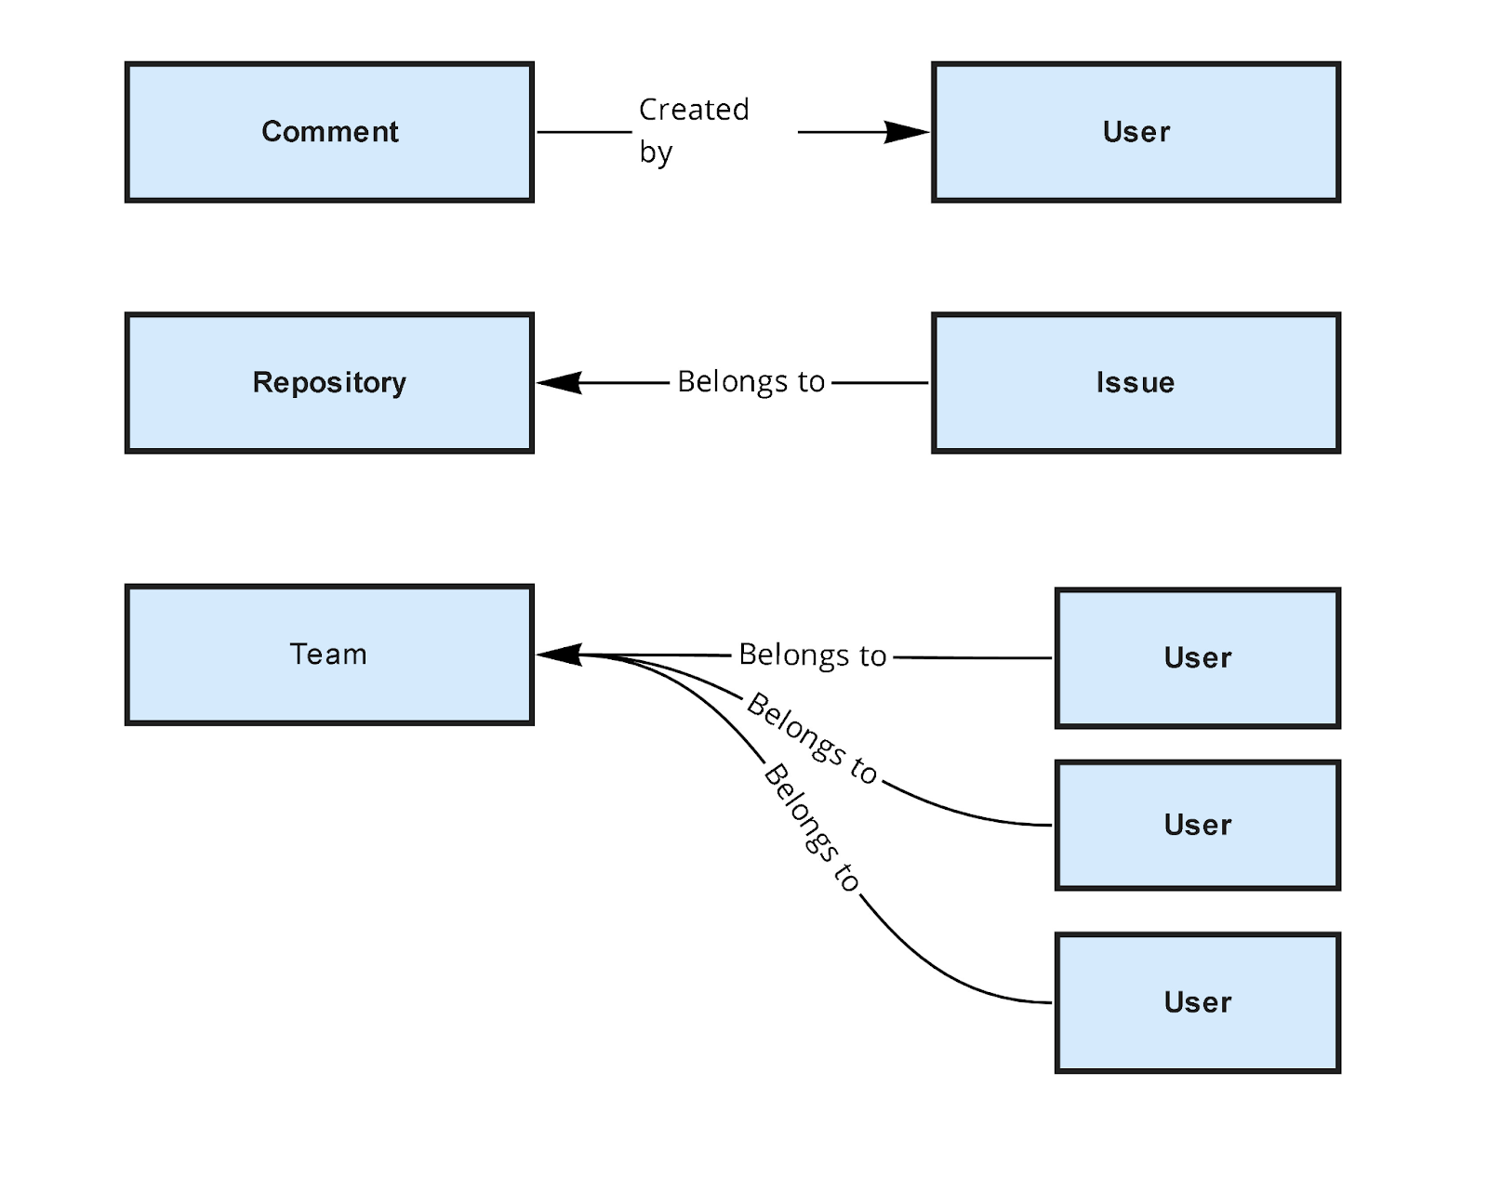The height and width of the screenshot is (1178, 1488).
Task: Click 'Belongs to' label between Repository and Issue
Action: coord(751,382)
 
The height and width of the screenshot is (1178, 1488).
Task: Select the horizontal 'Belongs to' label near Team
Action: coord(812,655)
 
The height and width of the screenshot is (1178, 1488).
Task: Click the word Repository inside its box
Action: coord(329,383)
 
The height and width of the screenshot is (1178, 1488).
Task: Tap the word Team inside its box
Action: coord(328,655)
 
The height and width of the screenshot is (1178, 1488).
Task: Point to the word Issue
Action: coord(1135,383)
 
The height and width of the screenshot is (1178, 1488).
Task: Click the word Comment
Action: coord(329,132)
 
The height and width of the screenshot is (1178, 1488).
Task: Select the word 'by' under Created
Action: coord(655,152)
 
